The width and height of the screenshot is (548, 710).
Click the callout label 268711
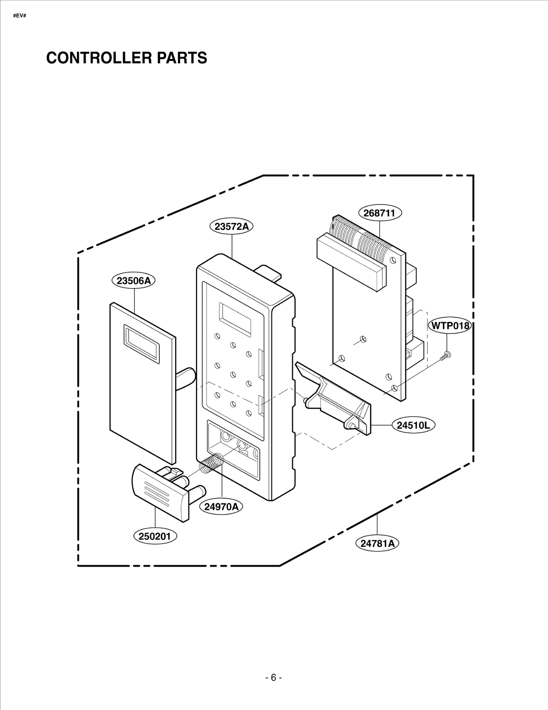tap(379, 213)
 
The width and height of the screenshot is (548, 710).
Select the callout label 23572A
tap(232, 226)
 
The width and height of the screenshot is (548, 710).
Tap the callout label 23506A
tap(134, 281)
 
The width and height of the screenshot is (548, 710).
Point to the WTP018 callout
tap(450, 325)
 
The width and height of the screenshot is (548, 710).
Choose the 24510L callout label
tap(413, 425)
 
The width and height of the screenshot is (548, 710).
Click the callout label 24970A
tap(221, 507)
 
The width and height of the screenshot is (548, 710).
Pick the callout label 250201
tap(155, 536)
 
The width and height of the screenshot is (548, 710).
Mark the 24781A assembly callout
tap(377, 543)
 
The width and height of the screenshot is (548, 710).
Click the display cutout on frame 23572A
tap(235, 319)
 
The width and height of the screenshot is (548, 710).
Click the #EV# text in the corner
tap(20, 16)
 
